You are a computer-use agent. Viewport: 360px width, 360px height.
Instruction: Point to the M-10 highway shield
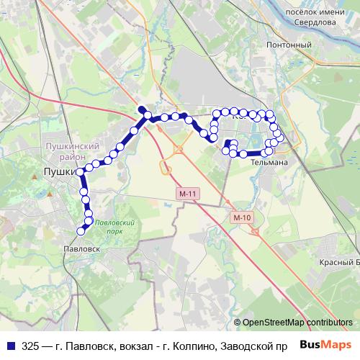(x=241, y=217)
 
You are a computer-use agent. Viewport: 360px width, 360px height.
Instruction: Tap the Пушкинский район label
(x=66, y=151)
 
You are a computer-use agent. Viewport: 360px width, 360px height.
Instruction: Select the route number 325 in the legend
(x=31, y=346)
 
